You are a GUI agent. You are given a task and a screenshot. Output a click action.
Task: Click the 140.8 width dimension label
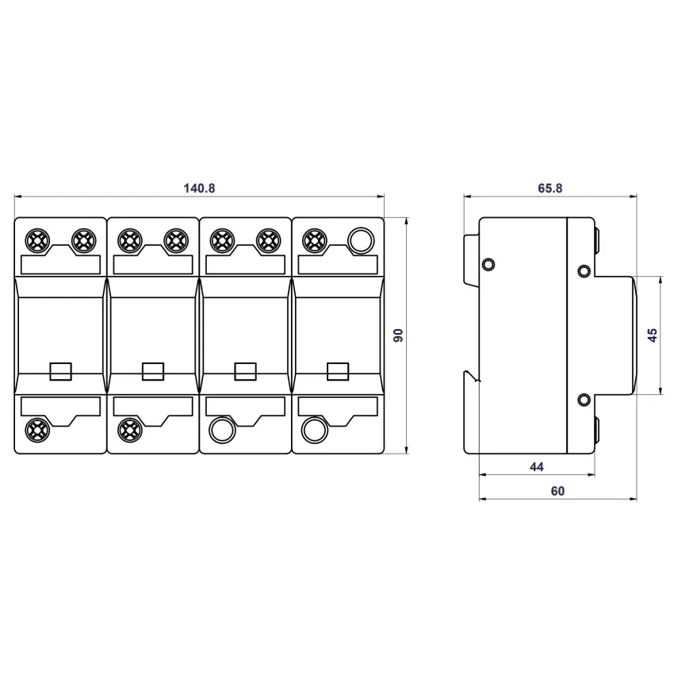click(199, 188)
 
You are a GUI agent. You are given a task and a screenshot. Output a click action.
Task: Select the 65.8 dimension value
click(550, 188)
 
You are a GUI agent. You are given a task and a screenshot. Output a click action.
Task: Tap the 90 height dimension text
click(399, 335)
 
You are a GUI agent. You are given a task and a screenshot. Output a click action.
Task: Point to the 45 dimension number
click(653, 335)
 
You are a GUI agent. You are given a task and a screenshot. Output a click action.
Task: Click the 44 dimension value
click(537, 466)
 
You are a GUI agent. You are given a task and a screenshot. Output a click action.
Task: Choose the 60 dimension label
click(557, 491)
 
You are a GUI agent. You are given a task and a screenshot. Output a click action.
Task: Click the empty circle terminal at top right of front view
click(361, 240)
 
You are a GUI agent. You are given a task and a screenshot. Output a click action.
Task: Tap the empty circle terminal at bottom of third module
click(222, 430)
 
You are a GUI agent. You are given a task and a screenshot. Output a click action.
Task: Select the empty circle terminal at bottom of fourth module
click(314, 430)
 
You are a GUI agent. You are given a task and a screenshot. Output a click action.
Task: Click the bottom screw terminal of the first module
click(37, 430)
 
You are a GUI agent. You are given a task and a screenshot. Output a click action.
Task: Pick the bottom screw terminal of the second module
click(130, 430)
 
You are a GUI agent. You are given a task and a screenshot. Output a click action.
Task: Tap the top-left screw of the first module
click(37, 240)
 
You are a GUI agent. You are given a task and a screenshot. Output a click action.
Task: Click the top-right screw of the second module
click(176, 240)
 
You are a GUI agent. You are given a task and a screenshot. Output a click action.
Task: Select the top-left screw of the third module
click(222, 240)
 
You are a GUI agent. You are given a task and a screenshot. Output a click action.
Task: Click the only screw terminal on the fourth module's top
click(315, 240)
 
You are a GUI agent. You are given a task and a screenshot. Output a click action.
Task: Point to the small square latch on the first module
click(60, 371)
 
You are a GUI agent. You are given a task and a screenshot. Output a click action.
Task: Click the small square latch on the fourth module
click(338, 371)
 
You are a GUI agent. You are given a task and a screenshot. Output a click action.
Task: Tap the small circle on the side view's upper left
click(488, 264)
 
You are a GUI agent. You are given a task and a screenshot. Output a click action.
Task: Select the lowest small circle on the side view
click(584, 400)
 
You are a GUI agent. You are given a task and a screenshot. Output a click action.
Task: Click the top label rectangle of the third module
click(246, 265)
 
